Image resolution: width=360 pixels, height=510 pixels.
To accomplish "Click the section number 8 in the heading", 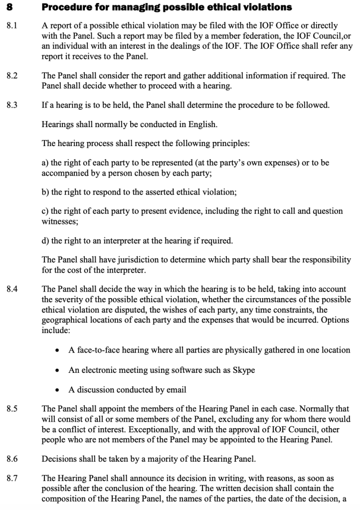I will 9,8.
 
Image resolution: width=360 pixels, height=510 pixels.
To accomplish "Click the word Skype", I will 244,370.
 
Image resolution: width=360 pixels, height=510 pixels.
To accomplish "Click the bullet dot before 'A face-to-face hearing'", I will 58,350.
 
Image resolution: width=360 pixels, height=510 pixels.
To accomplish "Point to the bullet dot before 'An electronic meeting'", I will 58,370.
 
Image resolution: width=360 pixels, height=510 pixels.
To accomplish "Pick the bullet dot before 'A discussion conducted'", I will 58,389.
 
